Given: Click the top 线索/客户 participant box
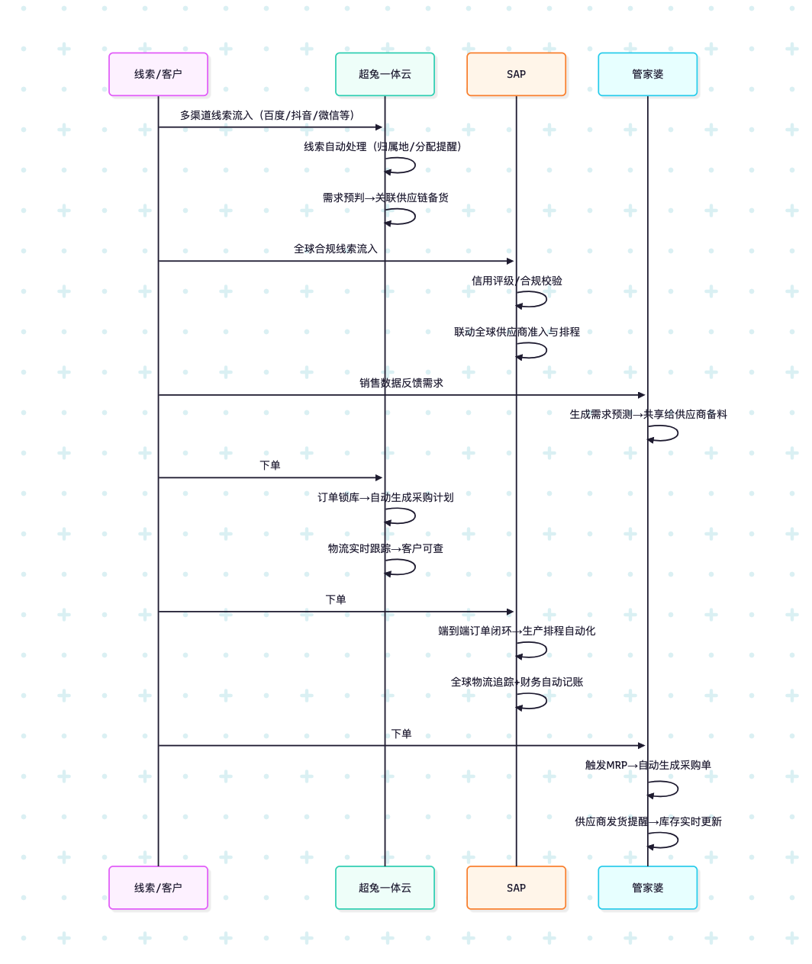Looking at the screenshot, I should pos(158,74).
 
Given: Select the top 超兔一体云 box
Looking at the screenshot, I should pos(385,74).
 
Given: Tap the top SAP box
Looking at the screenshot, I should pos(516,74).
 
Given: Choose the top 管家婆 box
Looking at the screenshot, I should pos(647,74).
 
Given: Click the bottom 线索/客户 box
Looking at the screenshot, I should pos(158,888).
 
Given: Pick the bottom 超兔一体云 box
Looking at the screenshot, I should pos(385,888).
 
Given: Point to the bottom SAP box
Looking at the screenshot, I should pos(516,888).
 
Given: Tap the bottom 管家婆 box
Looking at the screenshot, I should pos(647,888).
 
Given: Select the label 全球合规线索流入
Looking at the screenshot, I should pos(336,249).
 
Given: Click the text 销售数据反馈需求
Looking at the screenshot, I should pos(401,383).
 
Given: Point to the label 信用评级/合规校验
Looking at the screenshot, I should pos(517,281).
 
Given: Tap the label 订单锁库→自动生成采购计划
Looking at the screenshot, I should pos(385,497).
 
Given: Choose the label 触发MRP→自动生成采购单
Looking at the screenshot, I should pos(648,765).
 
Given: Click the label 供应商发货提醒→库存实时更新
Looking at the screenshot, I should pos(648,821).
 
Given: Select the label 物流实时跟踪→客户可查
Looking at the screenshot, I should pos(385,548).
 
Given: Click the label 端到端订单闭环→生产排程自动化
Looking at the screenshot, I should pos(517,631).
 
